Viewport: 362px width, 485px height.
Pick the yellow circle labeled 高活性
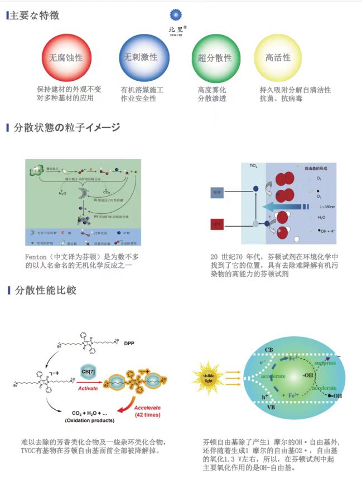(x=278, y=58)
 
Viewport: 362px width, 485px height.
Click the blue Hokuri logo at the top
(x=176, y=16)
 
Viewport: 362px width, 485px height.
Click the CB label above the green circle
(x=269, y=349)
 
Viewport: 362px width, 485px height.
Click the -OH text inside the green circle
(x=308, y=375)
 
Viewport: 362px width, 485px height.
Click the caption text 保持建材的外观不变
(x=69, y=89)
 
